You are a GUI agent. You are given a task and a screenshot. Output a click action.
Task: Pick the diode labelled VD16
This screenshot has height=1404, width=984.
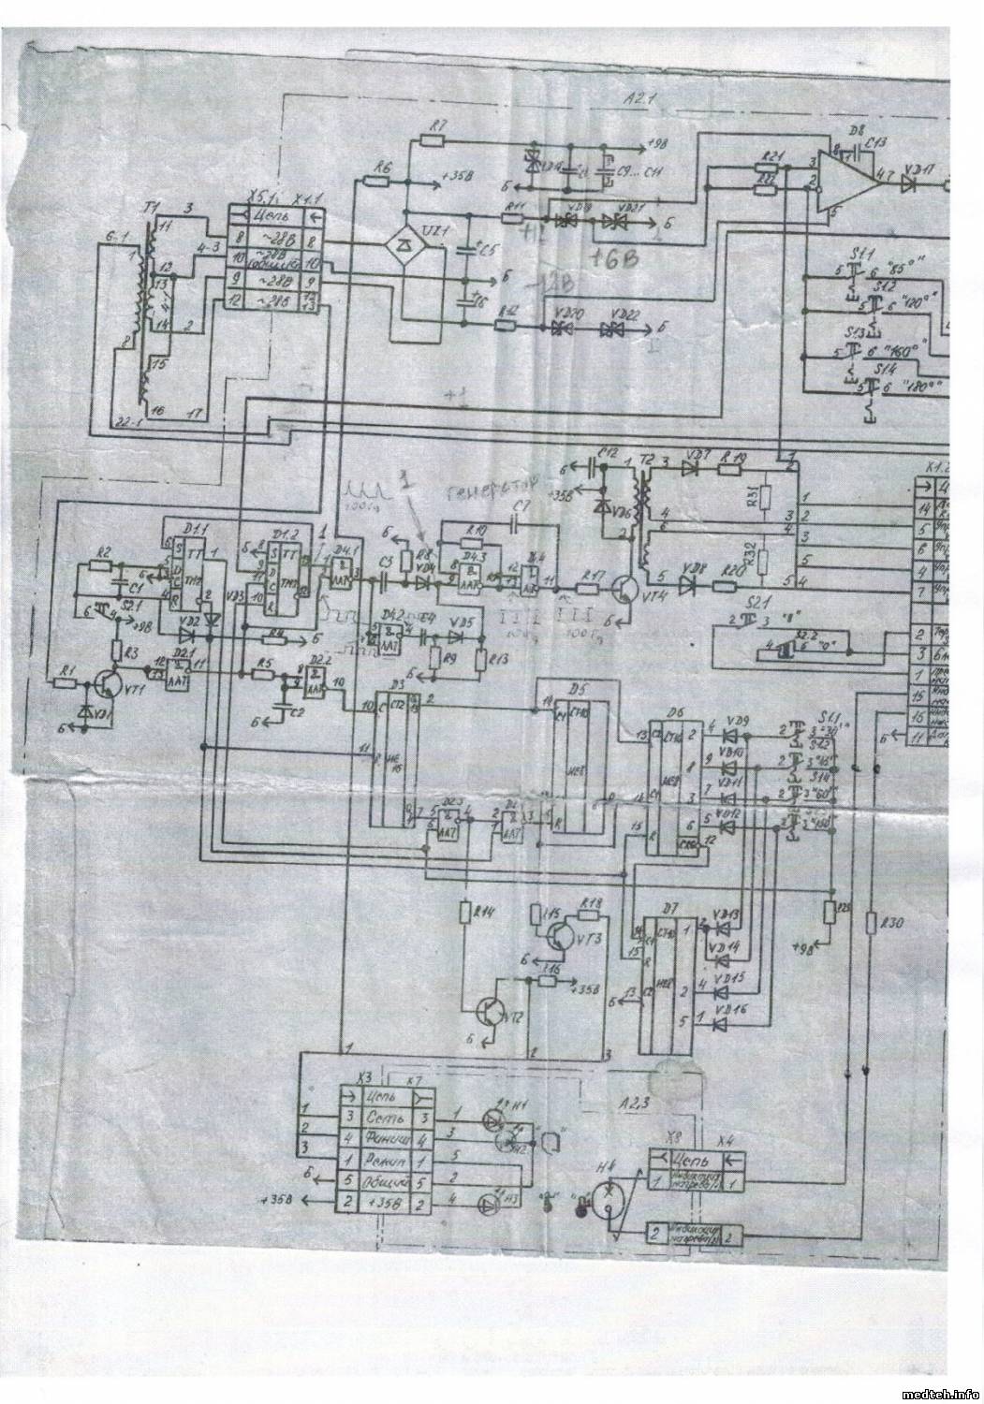point(719,1023)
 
